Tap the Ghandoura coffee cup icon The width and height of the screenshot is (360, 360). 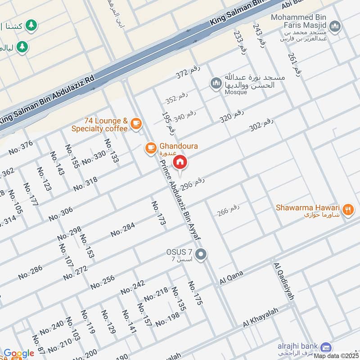(150, 147)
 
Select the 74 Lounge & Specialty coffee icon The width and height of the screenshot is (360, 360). (136, 123)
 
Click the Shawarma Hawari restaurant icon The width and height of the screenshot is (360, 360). (347, 209)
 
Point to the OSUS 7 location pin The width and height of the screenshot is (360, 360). (202, 255)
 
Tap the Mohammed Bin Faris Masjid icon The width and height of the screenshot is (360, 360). (334, 27)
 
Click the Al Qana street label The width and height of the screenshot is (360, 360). (231, 278)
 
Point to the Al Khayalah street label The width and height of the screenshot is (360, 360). (261, 317)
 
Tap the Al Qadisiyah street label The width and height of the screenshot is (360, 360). (283, 281)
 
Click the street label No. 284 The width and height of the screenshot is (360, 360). (123, 229)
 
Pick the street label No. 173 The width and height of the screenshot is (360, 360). (159, 213)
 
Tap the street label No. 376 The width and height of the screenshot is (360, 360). (21, 148)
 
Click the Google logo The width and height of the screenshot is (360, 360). (19, 354)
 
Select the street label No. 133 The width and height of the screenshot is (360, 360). (111, 151)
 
